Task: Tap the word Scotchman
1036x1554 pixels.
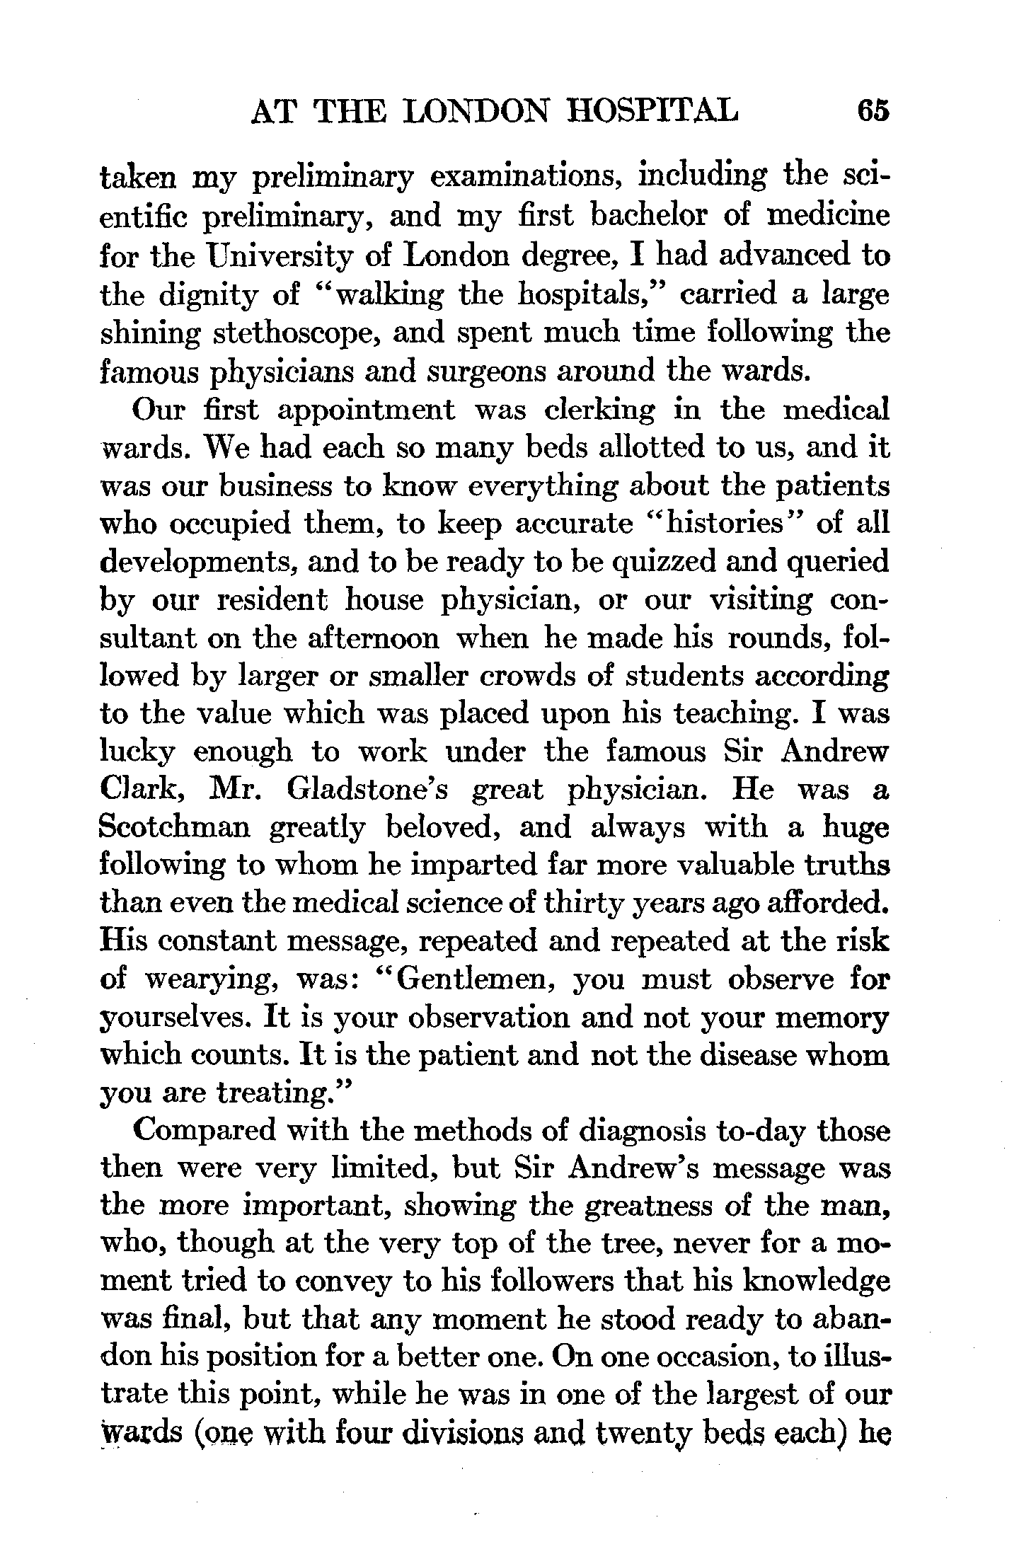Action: click(x=175, y=828)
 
